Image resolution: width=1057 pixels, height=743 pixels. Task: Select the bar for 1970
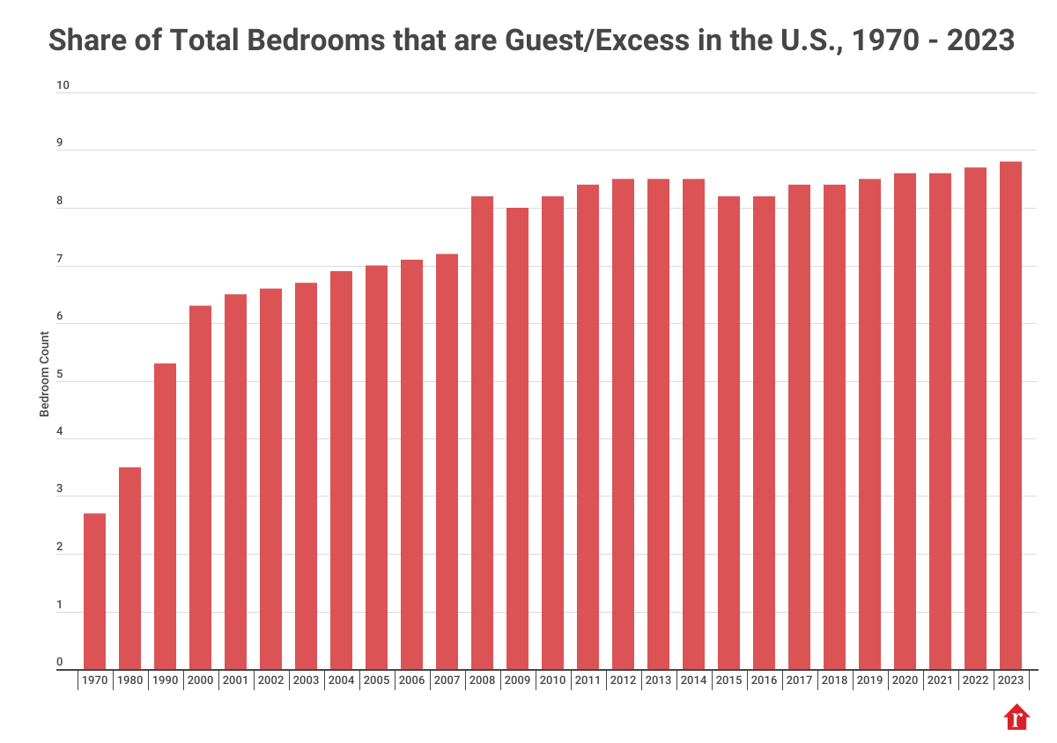pyautogui.click(x=94, y=592)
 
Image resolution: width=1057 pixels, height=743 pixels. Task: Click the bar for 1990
pyautogui.click(x=165, y=517)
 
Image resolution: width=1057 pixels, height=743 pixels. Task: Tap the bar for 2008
pyautogui.click(x=482, y=433)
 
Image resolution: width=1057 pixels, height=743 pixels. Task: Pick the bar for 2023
pyautogui.click(x=1010, y=416)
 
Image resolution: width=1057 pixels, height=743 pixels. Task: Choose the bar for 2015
pyautogui.click(x=728, y=433)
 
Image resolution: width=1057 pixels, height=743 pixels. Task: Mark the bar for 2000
pyautogui.click(x=200, y=488)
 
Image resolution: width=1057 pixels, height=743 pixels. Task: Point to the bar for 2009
pyautogui.click(x=517, y=438)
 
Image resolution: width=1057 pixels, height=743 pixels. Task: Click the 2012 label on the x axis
pyautogui.click(x=623, y=680)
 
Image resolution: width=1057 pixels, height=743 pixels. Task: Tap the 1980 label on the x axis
pyautogui.click(x=129, y=680)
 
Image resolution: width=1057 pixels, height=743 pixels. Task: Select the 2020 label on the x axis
pyautogui.click(x=905, y=680)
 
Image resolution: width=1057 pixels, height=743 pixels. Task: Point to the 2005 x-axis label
pyautogui.click(x=376, y=680)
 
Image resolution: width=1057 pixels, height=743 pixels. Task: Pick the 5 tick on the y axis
pyautogui.click(x=60, y=374)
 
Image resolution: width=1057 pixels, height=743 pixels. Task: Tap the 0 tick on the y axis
pyautogui.click(x=60, y=663)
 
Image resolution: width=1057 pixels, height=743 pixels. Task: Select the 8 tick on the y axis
pyautogui.click(x=60, y=202)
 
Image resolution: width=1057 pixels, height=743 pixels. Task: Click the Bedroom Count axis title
pyautogui.click(x=43, y=374)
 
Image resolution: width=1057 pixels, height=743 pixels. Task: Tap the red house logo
pyautogui.click(x=1016, y=717)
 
